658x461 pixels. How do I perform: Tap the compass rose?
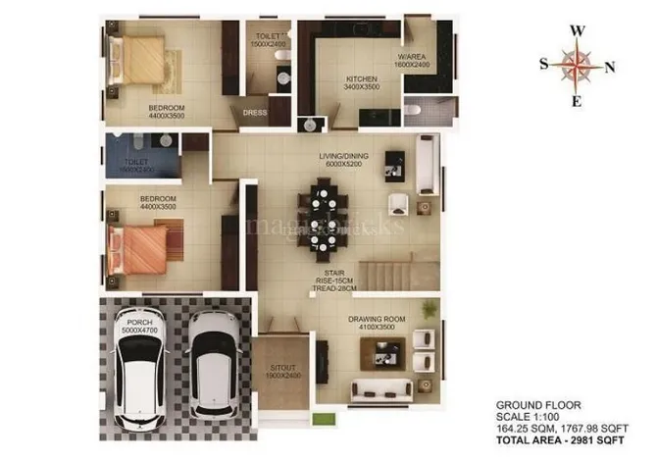pyautogui.click(x=578, y=66)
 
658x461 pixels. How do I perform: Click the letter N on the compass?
pyautogui.click(x=609, y=67)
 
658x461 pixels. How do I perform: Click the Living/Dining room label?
pyautogui.click(x=342, y=160)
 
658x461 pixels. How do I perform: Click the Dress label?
pyautogui.click(x=253, y=113)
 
